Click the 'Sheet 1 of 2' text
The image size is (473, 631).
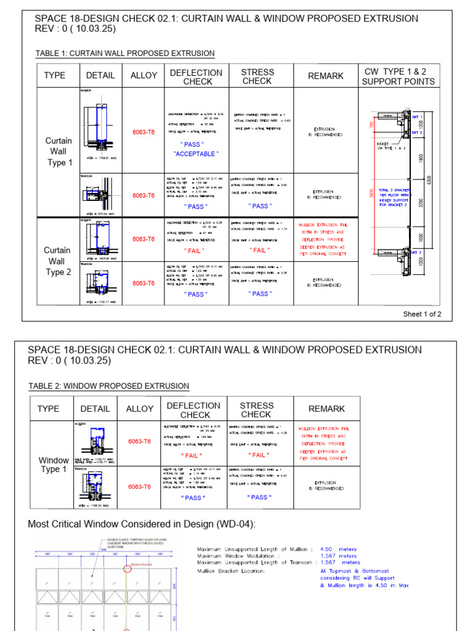point(422,314)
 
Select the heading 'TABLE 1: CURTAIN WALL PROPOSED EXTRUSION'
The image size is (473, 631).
point(125,54)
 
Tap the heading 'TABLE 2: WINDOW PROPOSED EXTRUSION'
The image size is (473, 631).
point(109,386)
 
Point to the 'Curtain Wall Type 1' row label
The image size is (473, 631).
point(59,152)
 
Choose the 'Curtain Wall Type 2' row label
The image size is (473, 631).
point(57,261)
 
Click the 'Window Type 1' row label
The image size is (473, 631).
point(54,465)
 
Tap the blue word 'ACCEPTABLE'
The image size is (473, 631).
point(196,153)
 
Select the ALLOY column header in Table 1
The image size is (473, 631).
point(144,76)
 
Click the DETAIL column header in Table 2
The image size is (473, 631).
point(95,409)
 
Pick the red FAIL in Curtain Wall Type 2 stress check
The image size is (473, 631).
point(259,250)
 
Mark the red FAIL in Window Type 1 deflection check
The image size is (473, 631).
point(193,455)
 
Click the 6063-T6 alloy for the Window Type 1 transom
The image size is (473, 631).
point(139,487)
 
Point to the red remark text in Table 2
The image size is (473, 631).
point(324,443)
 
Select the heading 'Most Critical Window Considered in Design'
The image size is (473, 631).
point(142,524)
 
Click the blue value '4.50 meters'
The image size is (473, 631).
point(338,548)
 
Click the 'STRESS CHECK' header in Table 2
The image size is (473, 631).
point(256,410)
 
